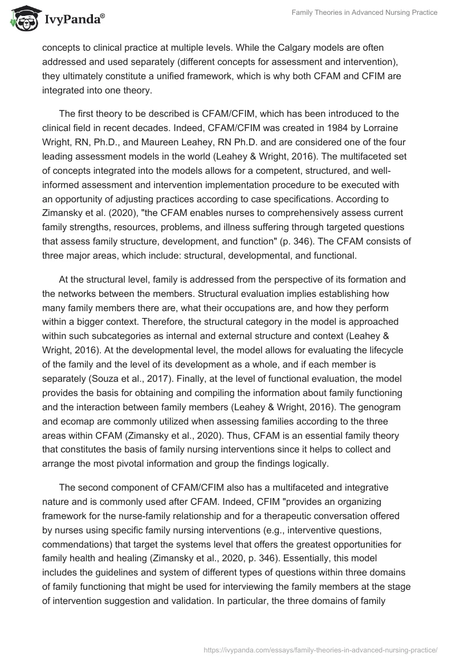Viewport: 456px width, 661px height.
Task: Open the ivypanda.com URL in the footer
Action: coord(320,648)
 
